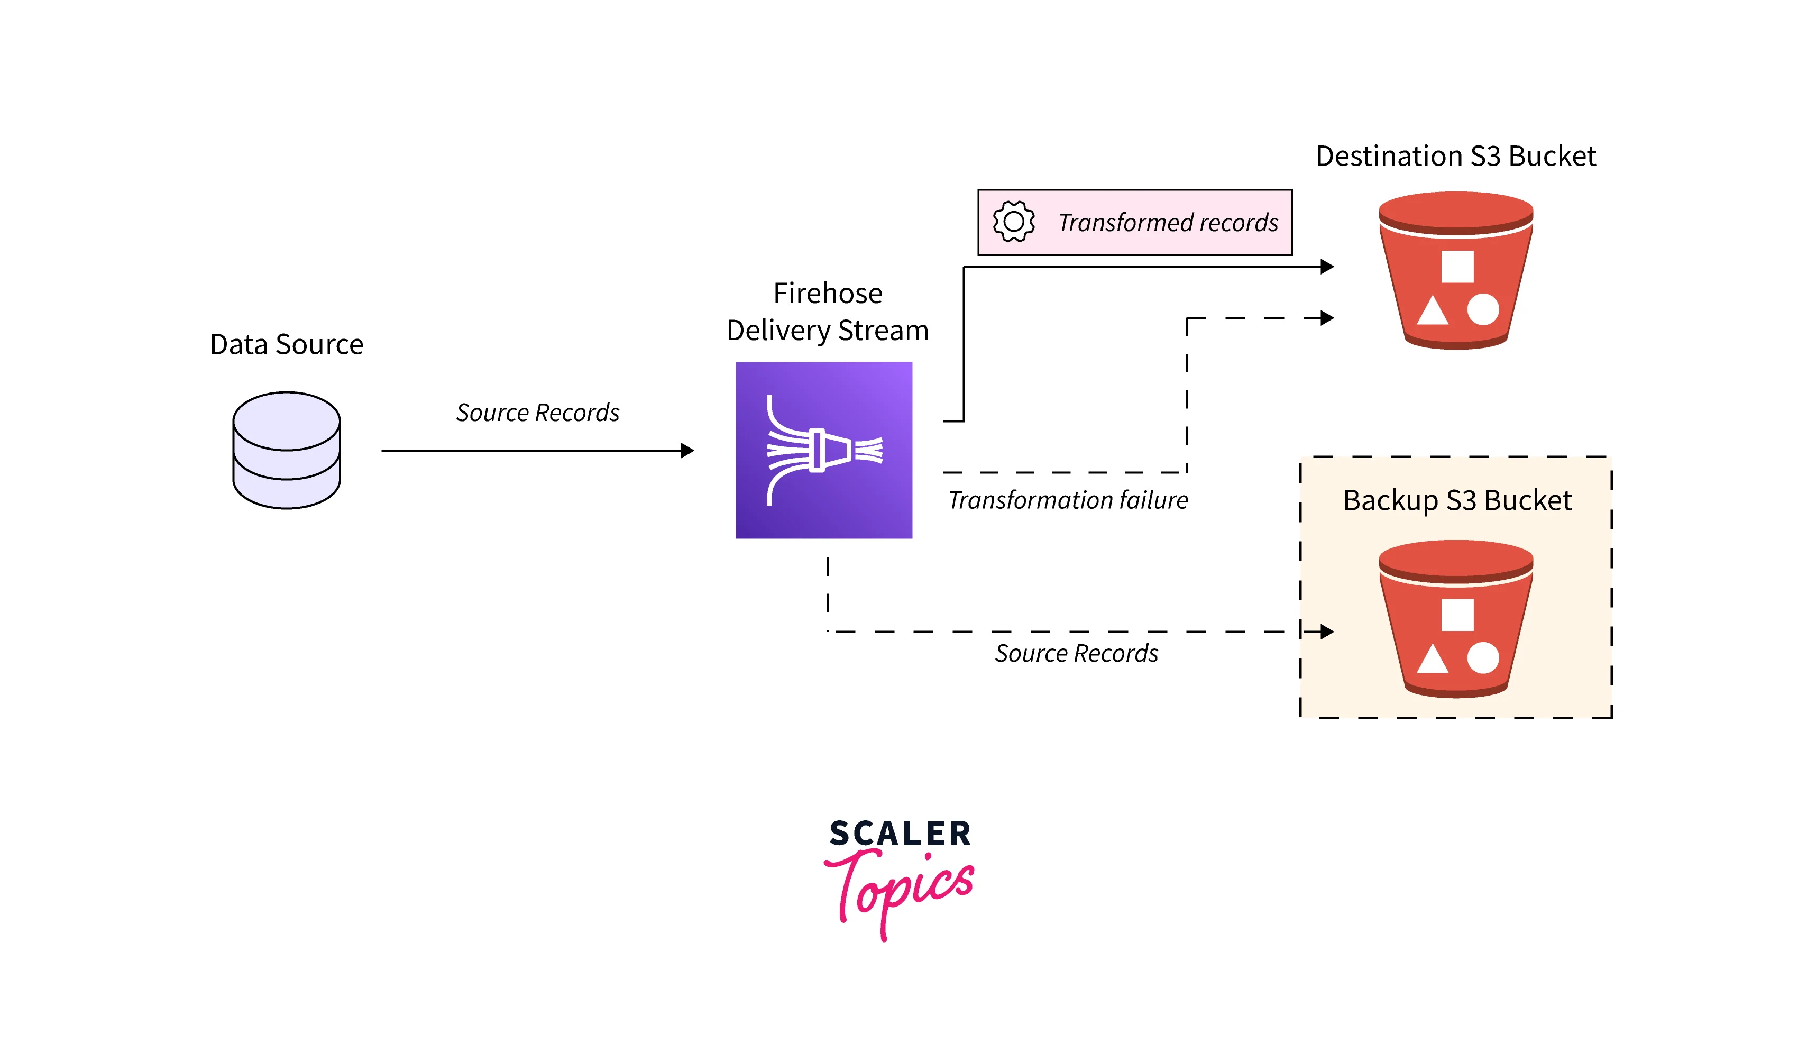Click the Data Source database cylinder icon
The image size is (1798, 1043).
click(x=286, y=450)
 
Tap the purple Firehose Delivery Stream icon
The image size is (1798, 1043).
click(x=823, y=450)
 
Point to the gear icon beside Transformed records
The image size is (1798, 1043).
click(x=1013, y=222)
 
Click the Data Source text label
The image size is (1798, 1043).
click(x=286, y=344)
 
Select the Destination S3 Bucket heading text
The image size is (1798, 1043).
click(x=1455, y=156)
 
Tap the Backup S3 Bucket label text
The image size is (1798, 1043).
click(x=1456, y=501)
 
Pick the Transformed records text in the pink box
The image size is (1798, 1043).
click(x=1167, y=223)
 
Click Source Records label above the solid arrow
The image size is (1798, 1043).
click(x=537, y=413)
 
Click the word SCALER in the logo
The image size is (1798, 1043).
click(x=900, y=833)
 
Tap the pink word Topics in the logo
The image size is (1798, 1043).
click(x=901, y=889)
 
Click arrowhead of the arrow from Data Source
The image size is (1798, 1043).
click(x=687, y=450)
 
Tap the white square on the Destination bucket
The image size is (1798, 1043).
click(x=1457, y=267)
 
